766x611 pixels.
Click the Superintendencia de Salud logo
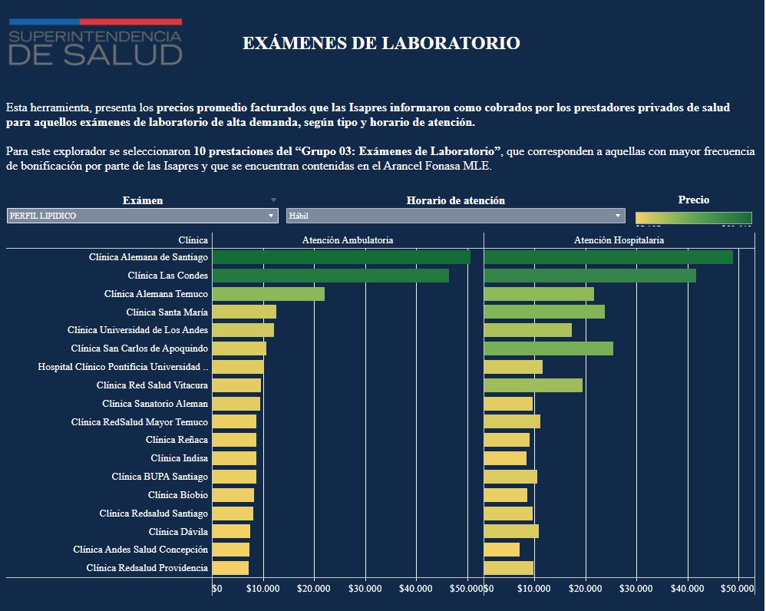[95, 42]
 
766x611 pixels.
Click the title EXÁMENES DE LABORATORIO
[381, 43]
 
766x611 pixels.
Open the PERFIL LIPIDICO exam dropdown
[142, 216]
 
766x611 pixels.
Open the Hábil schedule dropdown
[455, 216]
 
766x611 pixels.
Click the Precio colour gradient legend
[693, 217]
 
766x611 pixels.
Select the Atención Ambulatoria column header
[348, 240]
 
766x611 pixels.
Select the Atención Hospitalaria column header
[619, 240]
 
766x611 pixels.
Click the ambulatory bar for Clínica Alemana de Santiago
[341, 257]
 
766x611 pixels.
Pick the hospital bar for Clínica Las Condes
[589, 276]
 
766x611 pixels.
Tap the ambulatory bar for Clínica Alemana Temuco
[268, 294]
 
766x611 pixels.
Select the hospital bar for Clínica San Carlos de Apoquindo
[548, 348]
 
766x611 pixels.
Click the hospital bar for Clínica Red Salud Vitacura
[533, 385]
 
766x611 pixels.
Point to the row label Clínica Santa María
[167, 312]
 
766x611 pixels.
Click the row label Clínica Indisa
[179, 458]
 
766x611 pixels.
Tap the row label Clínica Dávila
[178, 531]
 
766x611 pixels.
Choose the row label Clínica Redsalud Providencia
[147, 568]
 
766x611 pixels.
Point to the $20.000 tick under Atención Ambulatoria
[314, 589]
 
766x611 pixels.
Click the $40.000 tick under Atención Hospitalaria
[687, 589]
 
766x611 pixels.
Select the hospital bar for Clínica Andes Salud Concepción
[501, 550]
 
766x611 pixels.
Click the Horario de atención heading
[455, 200]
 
